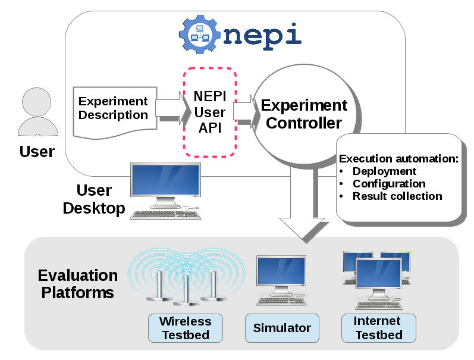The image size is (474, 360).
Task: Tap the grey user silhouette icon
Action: click(37, 114)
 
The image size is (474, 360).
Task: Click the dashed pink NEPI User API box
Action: click(210, 112)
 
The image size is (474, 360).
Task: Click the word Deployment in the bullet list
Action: click(384, 171)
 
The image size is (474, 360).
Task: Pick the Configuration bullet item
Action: click(389, 184)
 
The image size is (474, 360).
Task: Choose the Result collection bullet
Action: click(397, 196)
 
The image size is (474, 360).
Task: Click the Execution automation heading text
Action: click(398, 159)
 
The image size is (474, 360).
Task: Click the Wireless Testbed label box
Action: click(186, 328)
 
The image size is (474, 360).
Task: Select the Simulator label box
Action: click(282, 328)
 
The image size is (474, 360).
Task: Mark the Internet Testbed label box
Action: click(378, 328)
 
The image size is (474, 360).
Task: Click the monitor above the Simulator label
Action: click(281, 274)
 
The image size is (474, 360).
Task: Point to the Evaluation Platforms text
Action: click(77, 284)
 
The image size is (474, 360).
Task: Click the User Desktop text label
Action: click(94, 199)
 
